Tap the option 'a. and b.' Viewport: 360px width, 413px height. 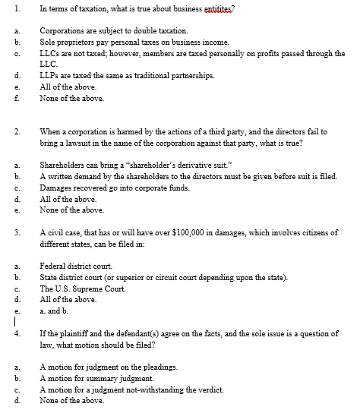(x=54, y=311)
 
